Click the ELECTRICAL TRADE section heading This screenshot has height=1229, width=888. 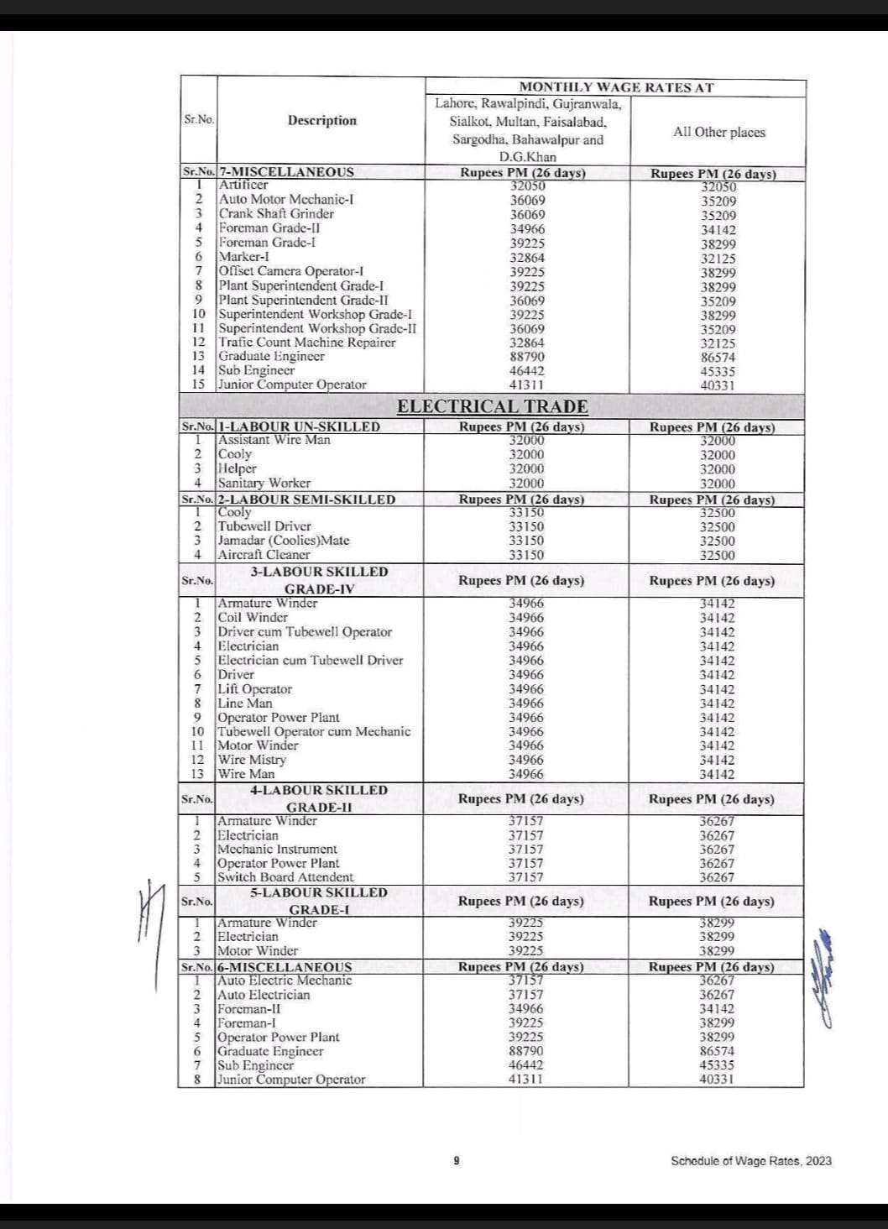pyautogui.click(x=492, y=406)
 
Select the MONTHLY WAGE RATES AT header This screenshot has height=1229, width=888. pyautogui.click(x=616, y=86)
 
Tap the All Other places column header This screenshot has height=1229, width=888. pyautogui.click(x=718, y=132)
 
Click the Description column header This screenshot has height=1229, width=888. pyautogui.click(x=321, y=120)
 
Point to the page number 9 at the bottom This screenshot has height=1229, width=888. pyautogui.click(x=457, y=1160)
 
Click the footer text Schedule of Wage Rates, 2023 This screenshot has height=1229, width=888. pyautogui.click(x=750, y=1160)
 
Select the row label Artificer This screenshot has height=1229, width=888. pyautogui.click(x=243, y=185)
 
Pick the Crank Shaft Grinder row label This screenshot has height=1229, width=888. pyautogui.click(x=276, y=213)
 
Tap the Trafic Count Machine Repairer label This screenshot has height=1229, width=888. pyautogui.click(x=307, y=342)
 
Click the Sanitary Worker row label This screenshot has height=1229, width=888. pyautogui.click(x=264, y=483)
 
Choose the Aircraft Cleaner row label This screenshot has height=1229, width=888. pyautogui.click(x=264, y=554)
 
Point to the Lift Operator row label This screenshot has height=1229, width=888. pyautogui.click(x=254, y=688)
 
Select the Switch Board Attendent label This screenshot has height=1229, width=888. pyautogui.click(x=285, y=876)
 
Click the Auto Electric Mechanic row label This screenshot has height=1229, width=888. pyautogui.click(x=285, y=980)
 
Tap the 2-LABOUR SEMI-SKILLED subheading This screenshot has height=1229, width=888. pyautogui.click(x=306, y=499)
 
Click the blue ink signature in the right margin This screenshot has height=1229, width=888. pyautogui.click(x=823, y=978)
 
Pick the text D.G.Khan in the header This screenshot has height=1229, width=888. pyautogui.click(x=527, y=156)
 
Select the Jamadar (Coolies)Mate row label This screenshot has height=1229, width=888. pyautogui.click(x=284, y=540)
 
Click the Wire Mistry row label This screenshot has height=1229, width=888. pyautogui.click(x=252, y=759)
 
